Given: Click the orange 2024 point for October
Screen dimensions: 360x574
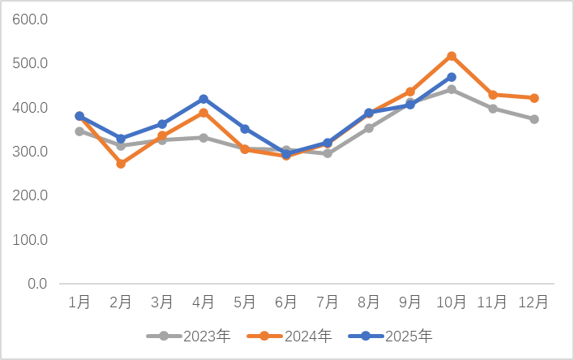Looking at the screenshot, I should point(452,56).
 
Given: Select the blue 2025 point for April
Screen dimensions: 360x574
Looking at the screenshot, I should point(203,99).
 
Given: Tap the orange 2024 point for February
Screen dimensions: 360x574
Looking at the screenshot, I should point(121,164).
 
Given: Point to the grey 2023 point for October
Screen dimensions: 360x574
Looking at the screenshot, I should point(452,89).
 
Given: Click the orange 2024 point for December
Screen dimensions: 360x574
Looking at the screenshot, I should point(534,98).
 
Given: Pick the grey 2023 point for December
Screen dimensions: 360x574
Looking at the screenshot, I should point(534,119).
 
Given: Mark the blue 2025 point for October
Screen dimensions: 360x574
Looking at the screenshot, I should point(452,77).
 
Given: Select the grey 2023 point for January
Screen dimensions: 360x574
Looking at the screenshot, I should point(79,131).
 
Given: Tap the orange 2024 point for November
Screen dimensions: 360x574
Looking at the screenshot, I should point(493,95).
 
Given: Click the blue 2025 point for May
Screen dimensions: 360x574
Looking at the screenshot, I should point(245,129).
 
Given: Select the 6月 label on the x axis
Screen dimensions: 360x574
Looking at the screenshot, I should point(286,302).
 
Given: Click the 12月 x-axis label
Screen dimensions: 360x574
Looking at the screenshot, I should point(534,302).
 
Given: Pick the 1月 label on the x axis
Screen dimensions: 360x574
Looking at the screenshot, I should point(79,302).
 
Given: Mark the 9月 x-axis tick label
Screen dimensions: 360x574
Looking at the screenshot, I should point(410,302).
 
